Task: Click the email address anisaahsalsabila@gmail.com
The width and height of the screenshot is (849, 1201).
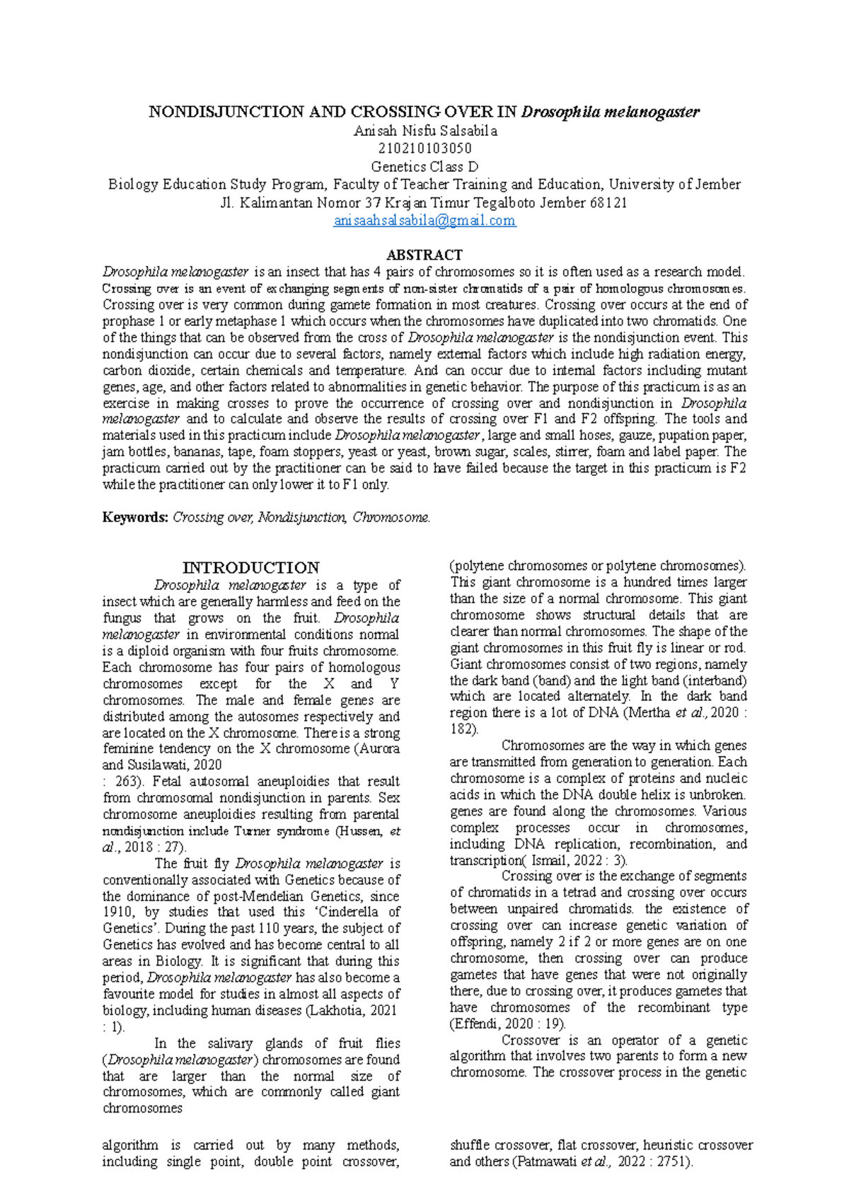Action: (424, 221)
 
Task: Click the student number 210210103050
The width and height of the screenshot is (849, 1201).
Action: (424, 149)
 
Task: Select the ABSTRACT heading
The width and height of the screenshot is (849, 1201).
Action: (424, 255)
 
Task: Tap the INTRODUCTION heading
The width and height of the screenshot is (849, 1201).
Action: (250, 568)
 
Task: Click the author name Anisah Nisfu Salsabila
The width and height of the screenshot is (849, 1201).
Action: (425, 131)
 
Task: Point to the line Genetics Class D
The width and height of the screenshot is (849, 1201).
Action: (424, 167)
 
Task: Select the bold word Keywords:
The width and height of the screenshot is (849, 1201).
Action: (135, 517)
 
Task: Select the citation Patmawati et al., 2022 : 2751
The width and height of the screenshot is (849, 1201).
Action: (601, 1161)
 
